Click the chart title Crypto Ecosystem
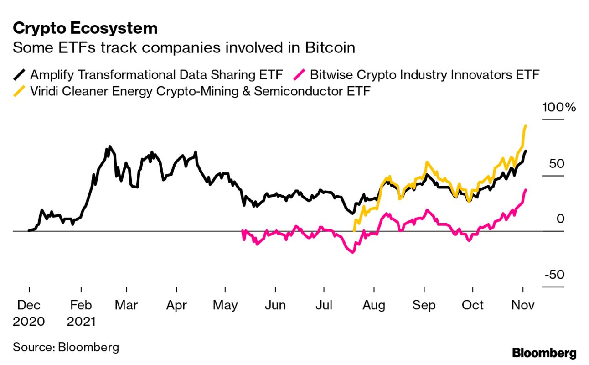click(85, 28)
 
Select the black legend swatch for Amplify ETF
click(20, 74)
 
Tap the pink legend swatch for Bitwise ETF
click(299, 74)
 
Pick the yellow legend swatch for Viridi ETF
click(20, 91)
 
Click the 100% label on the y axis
click(559, 108)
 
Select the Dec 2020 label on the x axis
click(29, 313)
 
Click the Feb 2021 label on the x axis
click(81, 313)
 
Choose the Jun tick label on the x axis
click(275, 305)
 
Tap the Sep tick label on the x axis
click(424, 305)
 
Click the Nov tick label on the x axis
click(522, 305)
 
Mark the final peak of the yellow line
click(526, 125)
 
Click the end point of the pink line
click(526, 190)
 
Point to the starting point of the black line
click(29, 231)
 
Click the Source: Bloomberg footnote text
click(66, 347)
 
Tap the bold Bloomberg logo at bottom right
click(544, 353)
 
